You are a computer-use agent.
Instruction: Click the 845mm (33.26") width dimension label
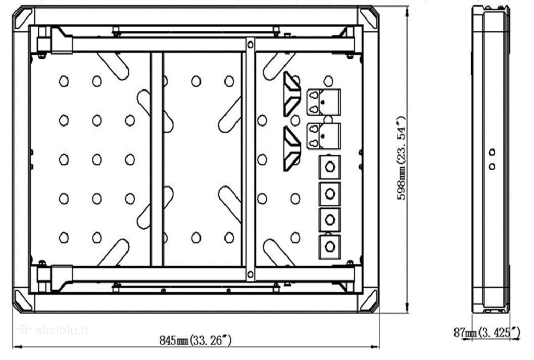click(x=195, y=340)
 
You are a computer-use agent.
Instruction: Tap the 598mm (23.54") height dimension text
click(x=401, y=158)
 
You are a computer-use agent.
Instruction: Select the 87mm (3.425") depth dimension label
click(x=486, y=332)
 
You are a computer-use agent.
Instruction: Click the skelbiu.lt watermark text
click(x=53, y=331)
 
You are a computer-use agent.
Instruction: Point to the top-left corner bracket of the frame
click(x=22, y=18)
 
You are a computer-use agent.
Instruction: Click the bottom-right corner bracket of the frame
click(x=369, y=301)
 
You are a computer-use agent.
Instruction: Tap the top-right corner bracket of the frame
click(x=369, y=18)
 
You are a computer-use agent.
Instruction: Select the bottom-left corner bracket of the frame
click(x=22, y=301)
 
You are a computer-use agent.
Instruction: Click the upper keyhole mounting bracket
click(x=324, y=102)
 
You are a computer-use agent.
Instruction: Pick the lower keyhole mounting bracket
click(x=324, y=136)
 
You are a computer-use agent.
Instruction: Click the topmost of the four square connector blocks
click(x=330, y=167)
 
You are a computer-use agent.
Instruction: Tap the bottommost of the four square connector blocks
click(x=330, y=247)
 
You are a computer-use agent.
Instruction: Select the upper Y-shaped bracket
click(x=292, y=94)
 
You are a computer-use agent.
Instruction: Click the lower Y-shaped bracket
click(x=292, y=149)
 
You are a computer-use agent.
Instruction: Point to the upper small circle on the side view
click(x=492, y=152)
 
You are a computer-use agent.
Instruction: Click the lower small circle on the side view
click(x=492, y=166)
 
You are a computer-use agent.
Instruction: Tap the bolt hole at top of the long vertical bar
click(x=250, y=44)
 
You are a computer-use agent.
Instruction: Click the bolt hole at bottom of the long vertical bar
click(x=250, y=274)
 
